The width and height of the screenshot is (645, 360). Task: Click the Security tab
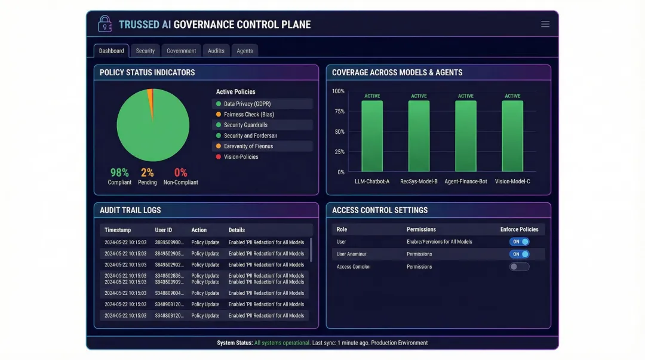(145, 51)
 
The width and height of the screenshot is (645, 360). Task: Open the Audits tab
(216, 51)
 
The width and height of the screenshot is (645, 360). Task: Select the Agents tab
(245, 51)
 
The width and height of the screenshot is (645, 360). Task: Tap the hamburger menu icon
(545, 24)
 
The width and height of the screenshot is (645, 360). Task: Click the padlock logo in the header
(105, 24)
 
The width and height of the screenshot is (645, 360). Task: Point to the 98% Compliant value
(119, 173)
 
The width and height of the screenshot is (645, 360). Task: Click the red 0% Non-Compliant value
(180, 173)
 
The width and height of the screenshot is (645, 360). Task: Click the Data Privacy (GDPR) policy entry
(247, 104)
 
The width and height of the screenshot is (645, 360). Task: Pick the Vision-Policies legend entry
(241, 157)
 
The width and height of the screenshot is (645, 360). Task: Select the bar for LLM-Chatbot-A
(372, 136)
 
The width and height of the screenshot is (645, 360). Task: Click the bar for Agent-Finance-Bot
(466, 136)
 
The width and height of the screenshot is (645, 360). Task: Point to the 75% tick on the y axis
(339, 111)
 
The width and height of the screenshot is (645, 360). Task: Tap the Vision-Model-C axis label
(512, 181)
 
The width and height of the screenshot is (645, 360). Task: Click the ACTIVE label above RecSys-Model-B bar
(419, 96)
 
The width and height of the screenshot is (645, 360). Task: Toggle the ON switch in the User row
(519, 242)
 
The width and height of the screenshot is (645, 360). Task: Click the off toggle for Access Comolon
(519, 267)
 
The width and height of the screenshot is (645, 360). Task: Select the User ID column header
(164, 230)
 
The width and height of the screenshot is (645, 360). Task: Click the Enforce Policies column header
(519, 229)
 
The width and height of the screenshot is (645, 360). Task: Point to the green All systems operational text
(282, 343)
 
